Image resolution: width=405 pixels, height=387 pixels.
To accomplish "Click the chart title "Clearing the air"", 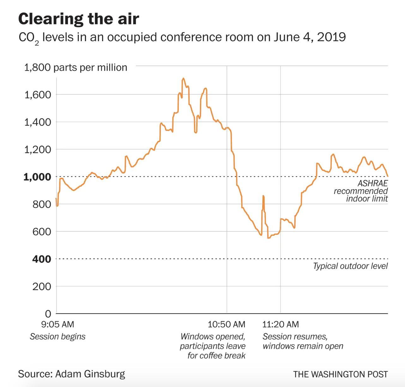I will pos(78,19).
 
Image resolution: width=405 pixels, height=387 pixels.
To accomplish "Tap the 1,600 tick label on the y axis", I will pos(38,95).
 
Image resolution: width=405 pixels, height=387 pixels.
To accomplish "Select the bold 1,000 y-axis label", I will pos(37,177).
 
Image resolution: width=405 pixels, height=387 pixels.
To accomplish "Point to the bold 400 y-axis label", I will pos(41,259).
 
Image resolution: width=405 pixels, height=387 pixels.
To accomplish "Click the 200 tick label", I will pos(41,286).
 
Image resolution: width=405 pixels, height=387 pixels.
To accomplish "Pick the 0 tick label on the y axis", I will pos(48,314).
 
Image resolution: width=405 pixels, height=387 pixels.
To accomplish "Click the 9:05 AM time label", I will pos(58,324).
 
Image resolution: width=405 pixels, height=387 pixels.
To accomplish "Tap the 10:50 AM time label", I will pos(227,324).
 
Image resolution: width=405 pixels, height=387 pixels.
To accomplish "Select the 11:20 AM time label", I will pos(281,324).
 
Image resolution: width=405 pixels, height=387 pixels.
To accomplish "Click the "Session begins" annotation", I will pos(57,336).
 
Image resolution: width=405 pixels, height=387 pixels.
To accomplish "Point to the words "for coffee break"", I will pos(216,355).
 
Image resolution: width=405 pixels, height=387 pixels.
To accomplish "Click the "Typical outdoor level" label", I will pos(350,266).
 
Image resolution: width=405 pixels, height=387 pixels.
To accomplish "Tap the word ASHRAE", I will pos(372,183).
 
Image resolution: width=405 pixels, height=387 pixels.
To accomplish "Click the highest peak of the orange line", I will pos(183,78).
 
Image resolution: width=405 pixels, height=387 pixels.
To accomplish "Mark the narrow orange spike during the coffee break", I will pos(263,197).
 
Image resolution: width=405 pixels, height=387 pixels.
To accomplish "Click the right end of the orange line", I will pos(387,176).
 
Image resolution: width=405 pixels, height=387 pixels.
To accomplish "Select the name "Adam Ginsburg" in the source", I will pos(90,374).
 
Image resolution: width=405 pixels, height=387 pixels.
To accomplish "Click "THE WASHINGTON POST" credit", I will pos(340,374).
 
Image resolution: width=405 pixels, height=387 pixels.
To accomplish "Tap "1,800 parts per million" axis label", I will pos(76,67).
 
